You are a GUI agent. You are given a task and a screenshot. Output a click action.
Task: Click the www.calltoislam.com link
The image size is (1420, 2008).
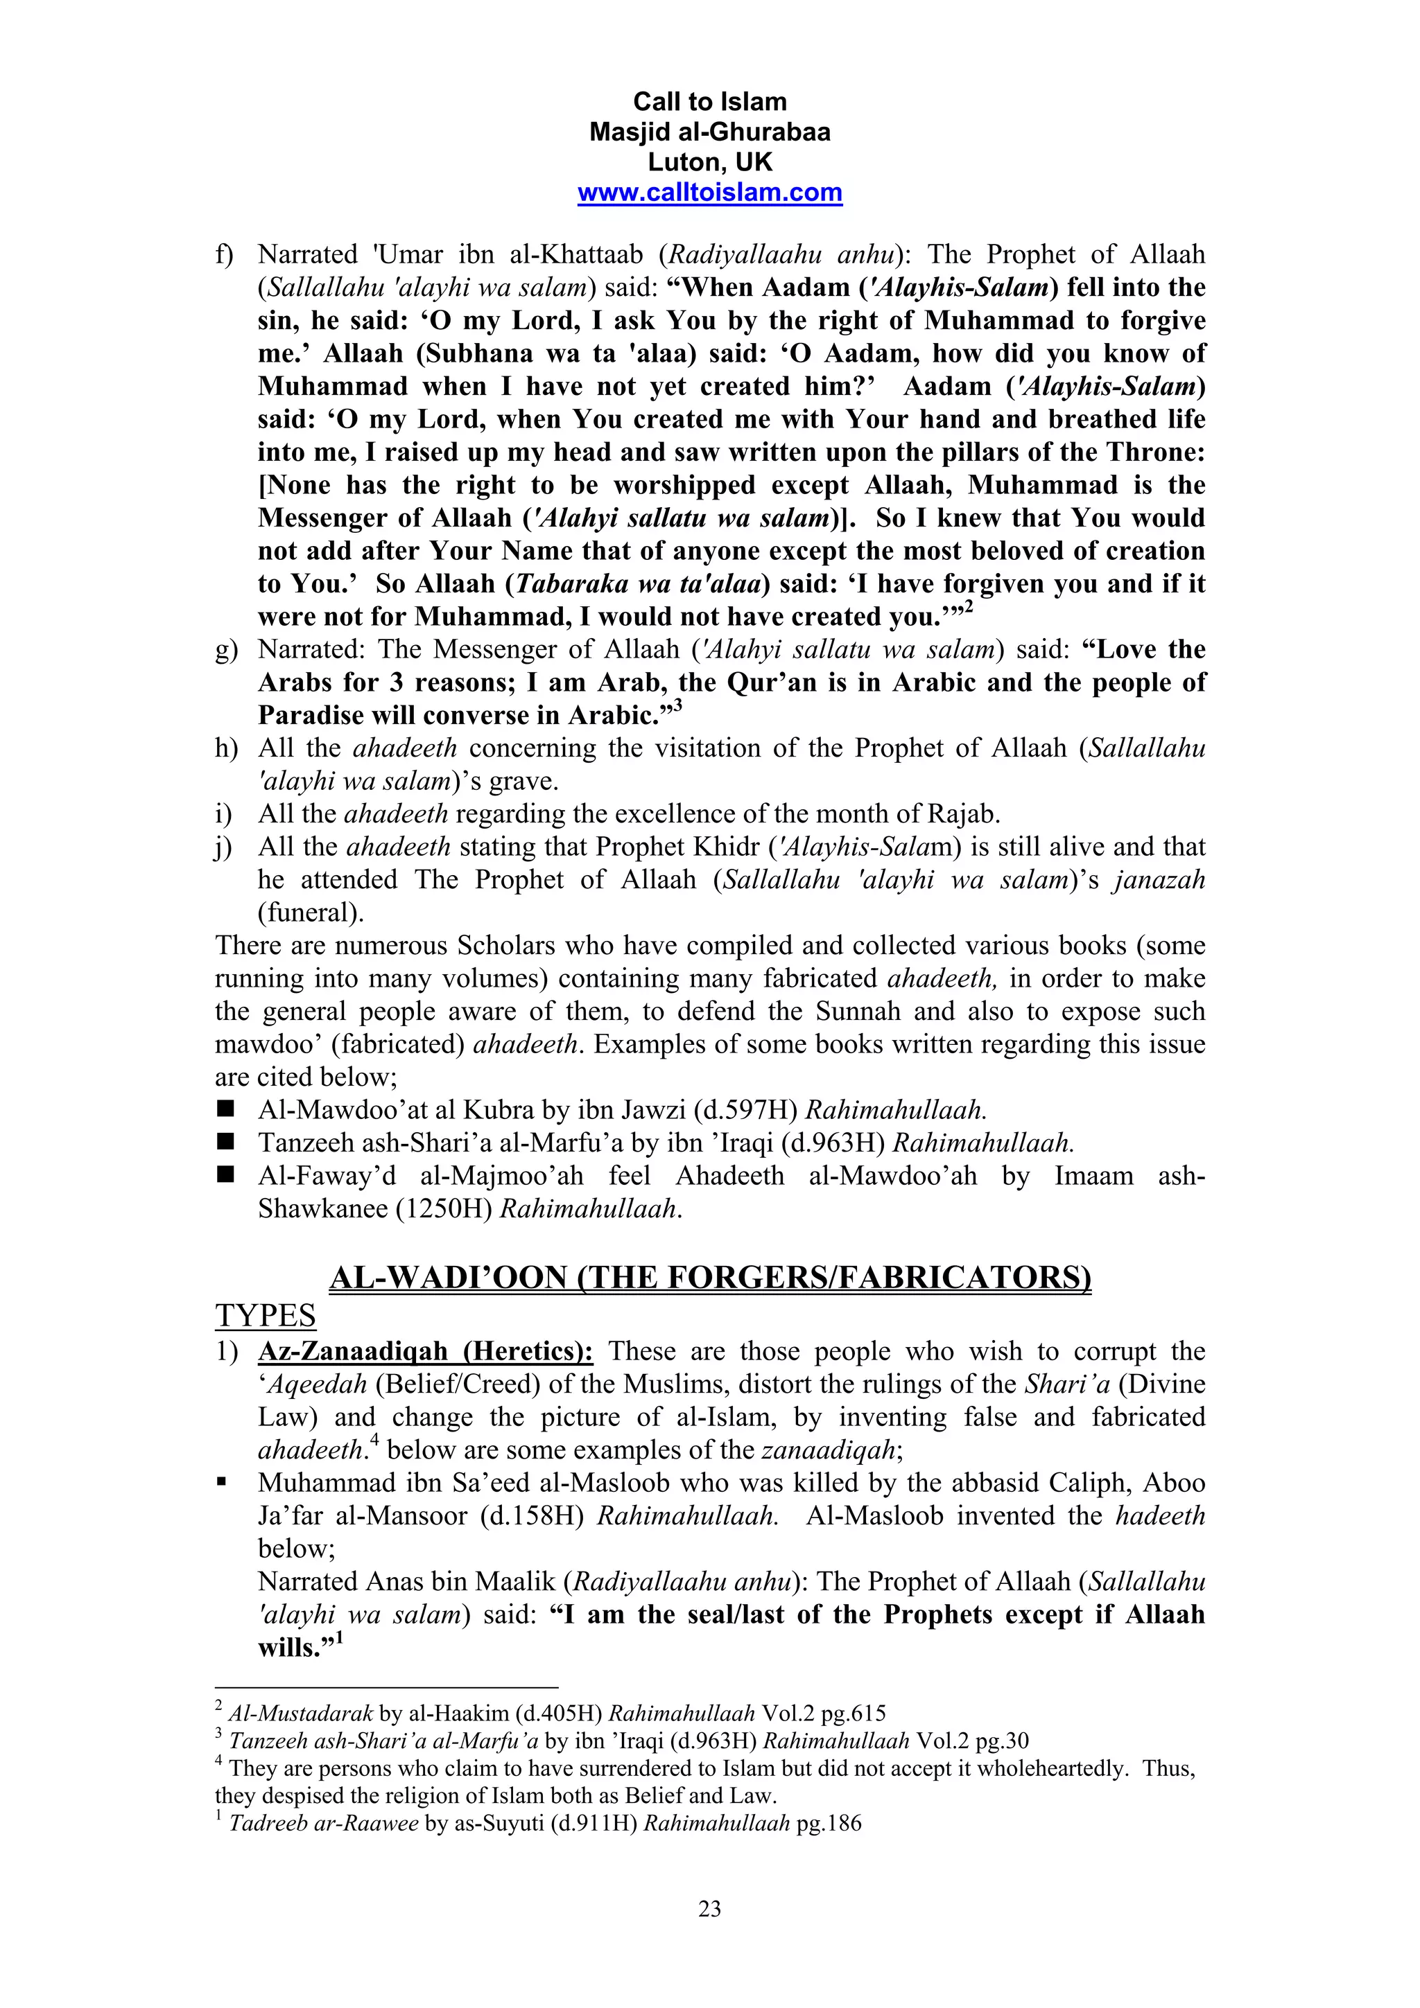709,193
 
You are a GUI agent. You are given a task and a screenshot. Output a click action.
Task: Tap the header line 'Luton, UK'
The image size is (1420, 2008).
709,162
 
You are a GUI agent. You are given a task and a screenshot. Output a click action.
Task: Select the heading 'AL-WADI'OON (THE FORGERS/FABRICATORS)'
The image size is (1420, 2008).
709,1278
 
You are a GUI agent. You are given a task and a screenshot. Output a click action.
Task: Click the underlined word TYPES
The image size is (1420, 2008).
265,1315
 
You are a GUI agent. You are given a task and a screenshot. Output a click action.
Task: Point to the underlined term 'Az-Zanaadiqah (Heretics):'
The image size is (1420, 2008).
425,1351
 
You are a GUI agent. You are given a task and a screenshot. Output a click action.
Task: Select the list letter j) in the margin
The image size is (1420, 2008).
224,848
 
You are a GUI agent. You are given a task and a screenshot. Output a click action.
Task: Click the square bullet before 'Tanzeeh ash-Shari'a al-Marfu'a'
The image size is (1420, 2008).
226,1141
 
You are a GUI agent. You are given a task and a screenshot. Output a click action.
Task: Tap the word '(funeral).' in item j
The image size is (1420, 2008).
311,913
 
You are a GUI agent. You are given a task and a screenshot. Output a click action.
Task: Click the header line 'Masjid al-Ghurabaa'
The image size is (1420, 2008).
709,132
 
